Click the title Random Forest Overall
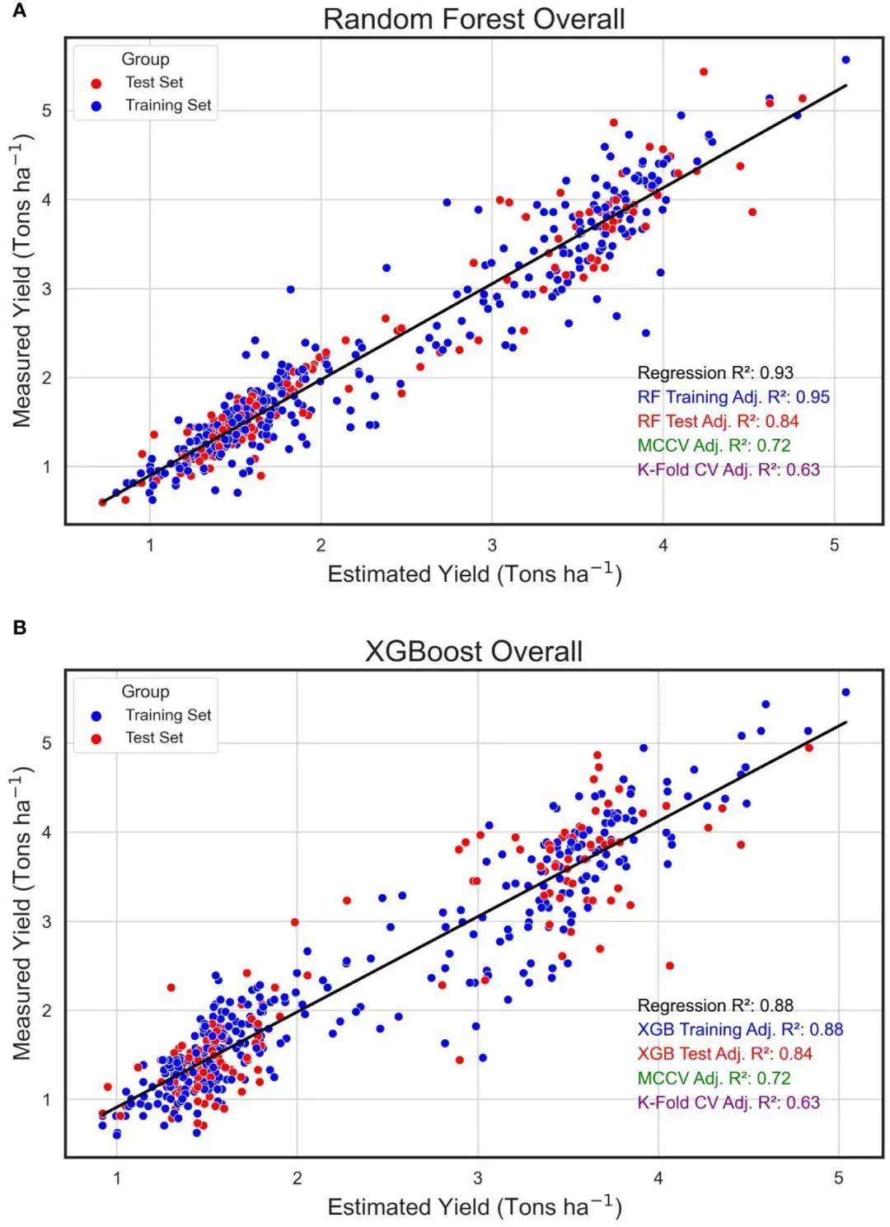coord(474,19)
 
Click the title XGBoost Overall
coord(474,651)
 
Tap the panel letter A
coord(20,11)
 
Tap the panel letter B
coord(20,628)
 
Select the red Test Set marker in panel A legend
coord(96,83)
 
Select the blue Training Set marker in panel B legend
coord(96,715)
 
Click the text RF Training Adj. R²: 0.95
coord(733,397)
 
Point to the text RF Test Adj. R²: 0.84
coord(718,421)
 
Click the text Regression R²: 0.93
coord(715,372)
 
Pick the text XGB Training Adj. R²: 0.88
coord(740,1029)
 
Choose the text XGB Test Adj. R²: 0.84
coord(724,1053)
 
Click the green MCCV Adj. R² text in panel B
coord(714,1078)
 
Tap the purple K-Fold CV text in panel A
coord(728,470)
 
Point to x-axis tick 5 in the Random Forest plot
coord(834,545)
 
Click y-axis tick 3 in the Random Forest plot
coord(47,289)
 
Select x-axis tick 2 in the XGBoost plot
coord(297,1178)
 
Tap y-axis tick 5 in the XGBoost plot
coord(47,743)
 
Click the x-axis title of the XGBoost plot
coord(474,1207)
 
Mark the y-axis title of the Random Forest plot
coord(22,284)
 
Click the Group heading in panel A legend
coord(145,59)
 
